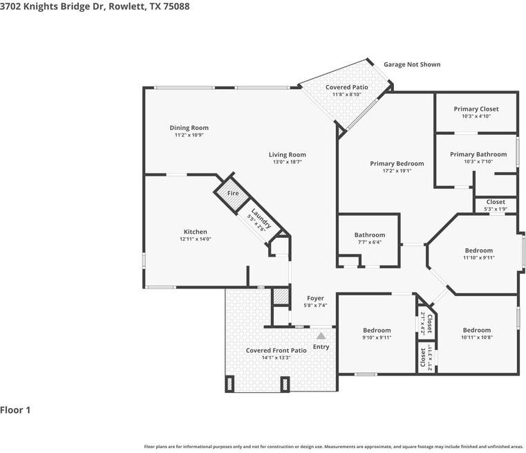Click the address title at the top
(95, 6)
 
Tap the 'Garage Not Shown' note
(412, 64)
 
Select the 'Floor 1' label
(15, 410)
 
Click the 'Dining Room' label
(189, 127)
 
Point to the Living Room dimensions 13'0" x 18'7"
(287, 162)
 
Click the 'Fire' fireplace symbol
(233, 194)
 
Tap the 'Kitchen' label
(195, 232)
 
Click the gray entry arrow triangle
(321, 335)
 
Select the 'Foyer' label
(315, 298)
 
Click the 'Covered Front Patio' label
(276, 351)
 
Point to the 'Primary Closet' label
(476, 109)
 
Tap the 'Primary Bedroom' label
(397, 163)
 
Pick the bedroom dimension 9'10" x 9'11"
(377, 338)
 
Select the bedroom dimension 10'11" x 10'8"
(477, 338)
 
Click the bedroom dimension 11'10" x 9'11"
(478, 258)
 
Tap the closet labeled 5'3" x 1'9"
(496, 209)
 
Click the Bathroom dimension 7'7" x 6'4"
(370, 242)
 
